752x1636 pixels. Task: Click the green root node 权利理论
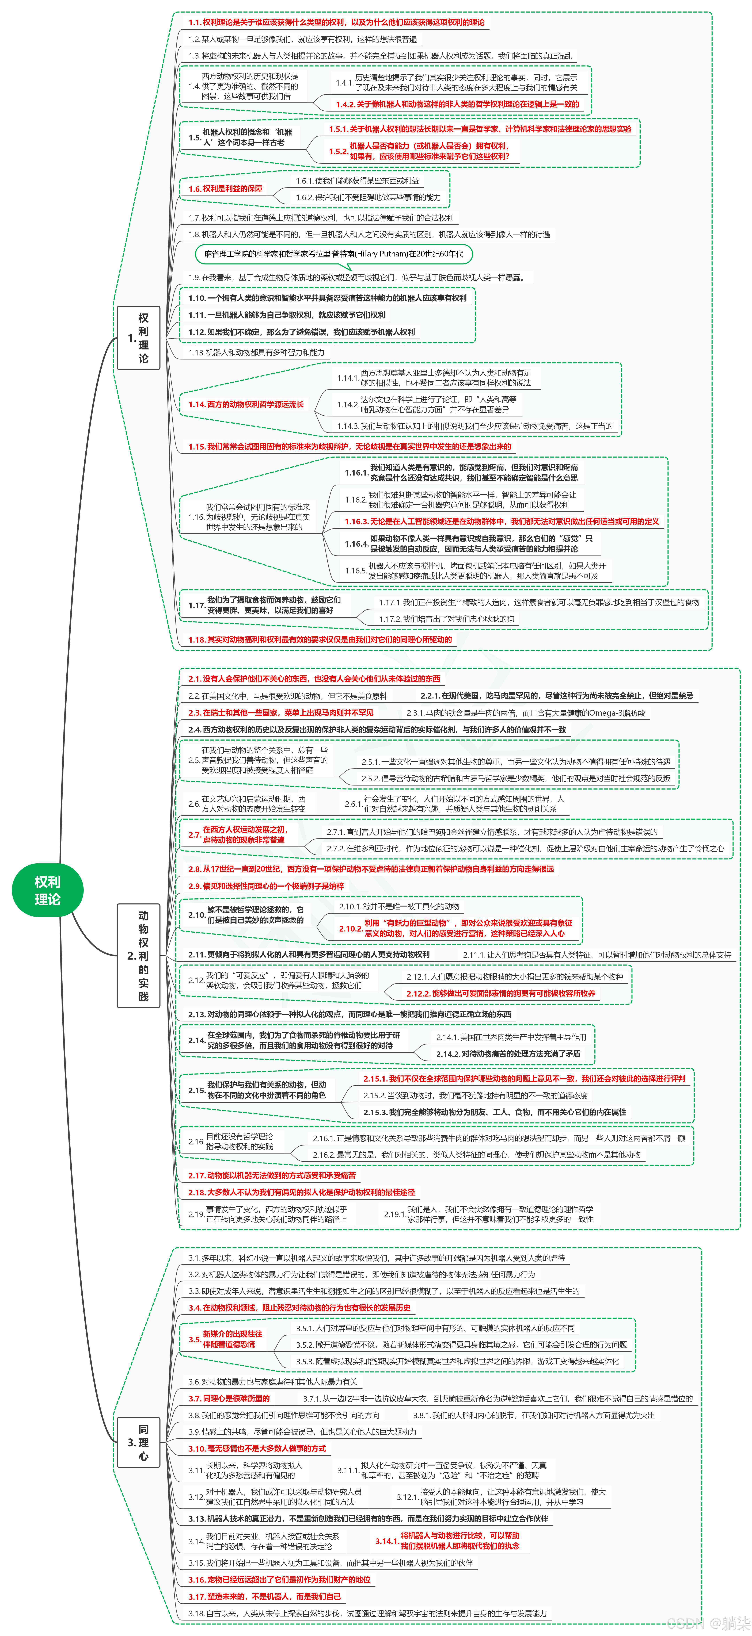47,890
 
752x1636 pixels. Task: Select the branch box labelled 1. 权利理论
138,337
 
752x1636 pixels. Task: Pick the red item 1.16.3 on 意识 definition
502,521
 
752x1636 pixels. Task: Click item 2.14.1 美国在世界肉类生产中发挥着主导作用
511,1037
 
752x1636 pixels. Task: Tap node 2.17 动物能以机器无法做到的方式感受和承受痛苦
272,1176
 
